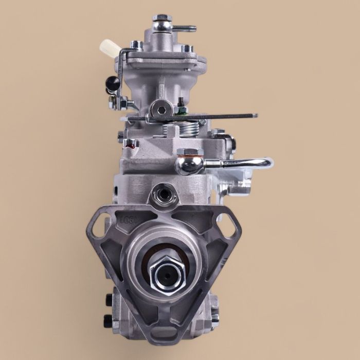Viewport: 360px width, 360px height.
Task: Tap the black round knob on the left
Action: point(113,82)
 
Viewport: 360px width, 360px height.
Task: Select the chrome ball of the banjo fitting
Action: point(185,165)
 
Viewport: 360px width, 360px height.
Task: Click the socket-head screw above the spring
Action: point(161,110)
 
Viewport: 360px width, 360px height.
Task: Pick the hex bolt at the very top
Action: point(163,20)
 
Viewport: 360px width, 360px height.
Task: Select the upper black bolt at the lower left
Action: point(109,299)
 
